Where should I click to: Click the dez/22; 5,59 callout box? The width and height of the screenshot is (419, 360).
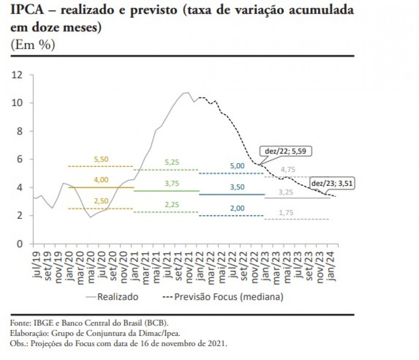(286, 151)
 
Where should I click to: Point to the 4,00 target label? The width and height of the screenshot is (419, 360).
(101, 180)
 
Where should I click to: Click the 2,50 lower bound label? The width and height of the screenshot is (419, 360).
(101, 201)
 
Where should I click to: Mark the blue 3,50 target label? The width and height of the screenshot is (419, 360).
(237, 187)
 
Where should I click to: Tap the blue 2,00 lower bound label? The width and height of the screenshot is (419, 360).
(237, 208)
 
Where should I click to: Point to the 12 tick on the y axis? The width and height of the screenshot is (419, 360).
(18, 75)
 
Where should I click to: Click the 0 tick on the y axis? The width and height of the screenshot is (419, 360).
(20, 244)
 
